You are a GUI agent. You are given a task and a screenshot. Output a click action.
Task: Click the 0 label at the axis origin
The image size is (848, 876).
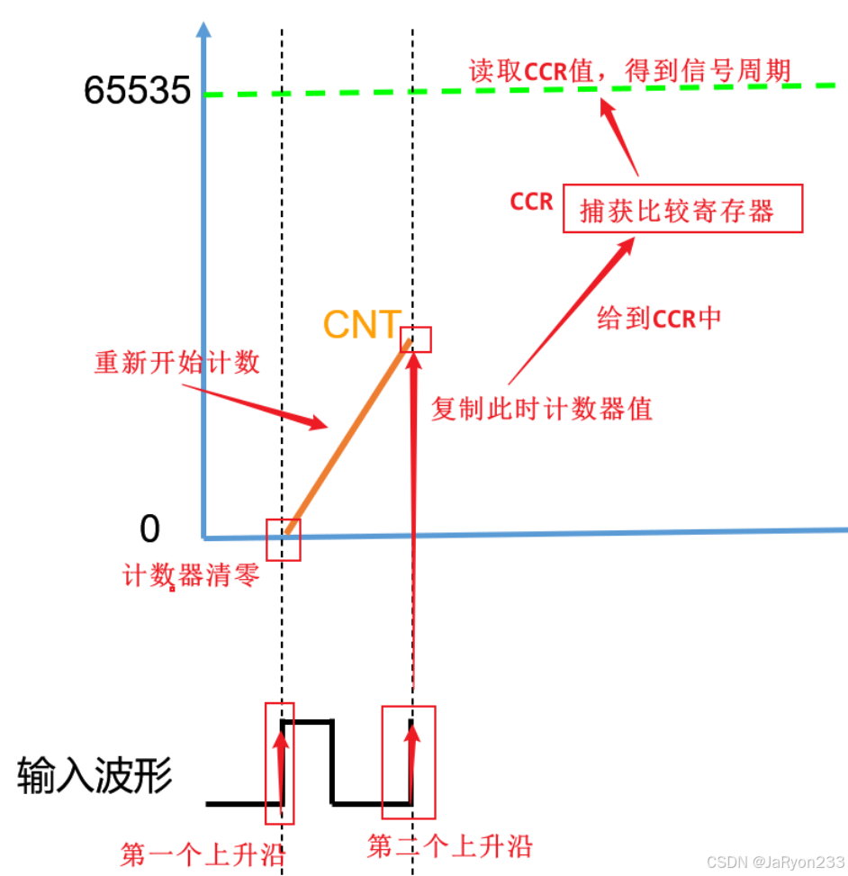coord(149,529)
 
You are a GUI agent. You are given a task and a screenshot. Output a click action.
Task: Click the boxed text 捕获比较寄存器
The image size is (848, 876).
coord(682,210)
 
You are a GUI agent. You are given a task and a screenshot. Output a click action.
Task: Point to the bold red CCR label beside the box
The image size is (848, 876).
coord(531,201)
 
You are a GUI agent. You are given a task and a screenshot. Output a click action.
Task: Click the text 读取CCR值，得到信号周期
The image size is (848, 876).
coord(630,71)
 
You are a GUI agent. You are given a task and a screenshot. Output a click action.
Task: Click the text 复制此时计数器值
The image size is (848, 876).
coord(542,409)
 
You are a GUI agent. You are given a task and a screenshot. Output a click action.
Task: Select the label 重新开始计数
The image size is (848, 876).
coord(177,362)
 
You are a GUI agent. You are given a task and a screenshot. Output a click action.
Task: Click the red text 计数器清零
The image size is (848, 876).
coord(191,574)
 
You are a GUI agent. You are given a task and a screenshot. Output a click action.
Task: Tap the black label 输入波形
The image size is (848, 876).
coord(95,775)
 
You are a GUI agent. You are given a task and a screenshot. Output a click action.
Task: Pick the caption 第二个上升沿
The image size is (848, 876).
coord(450,846)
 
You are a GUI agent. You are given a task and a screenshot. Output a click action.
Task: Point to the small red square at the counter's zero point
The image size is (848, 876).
coord(284,538)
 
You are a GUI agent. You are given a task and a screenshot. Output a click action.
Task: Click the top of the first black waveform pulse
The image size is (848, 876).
coord(308,721)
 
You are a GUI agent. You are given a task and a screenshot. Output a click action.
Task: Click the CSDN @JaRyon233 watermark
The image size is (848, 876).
coord(775,862)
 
